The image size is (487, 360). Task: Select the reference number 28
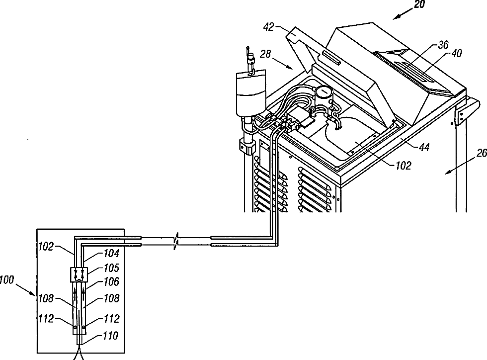(265, 54)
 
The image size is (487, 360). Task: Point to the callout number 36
(429, 45)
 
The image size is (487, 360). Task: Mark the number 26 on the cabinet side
(481, 153)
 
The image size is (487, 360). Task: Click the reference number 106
(111, 282)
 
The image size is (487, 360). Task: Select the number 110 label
(110, 336)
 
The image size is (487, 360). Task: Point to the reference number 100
(6, 281)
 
